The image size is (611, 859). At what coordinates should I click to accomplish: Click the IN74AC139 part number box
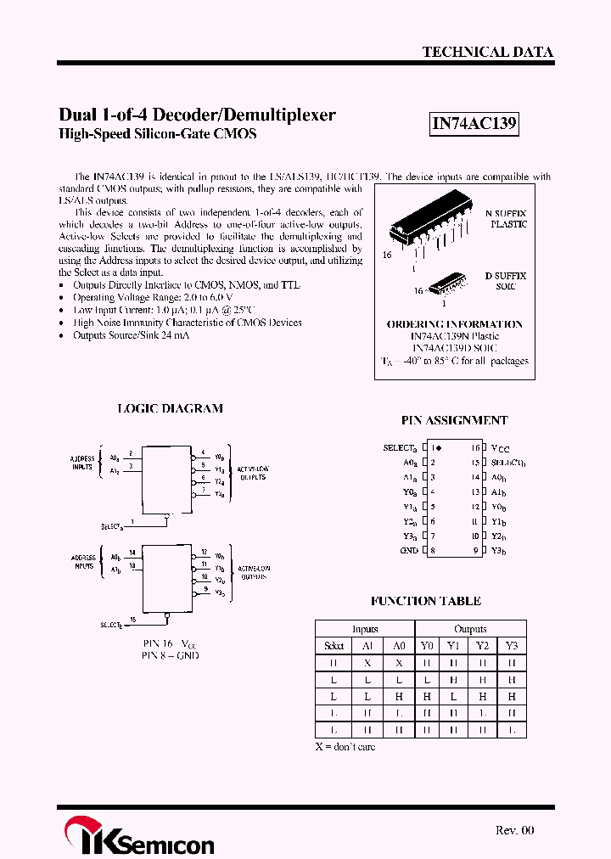coord(474,124)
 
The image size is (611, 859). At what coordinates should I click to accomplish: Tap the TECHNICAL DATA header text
coord(487,52)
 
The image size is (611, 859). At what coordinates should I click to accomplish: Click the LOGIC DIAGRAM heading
coord(170,408)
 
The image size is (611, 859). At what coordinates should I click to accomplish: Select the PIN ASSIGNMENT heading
coord(454,420)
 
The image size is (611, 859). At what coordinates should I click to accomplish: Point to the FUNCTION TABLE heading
coord(425,601)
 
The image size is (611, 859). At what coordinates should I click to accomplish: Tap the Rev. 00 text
coord(514,830)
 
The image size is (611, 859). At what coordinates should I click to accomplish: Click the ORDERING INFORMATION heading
coord(454,324)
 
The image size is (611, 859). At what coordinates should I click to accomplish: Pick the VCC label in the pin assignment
coord(501,448)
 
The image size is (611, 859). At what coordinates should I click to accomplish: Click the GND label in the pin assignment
coord(408,551)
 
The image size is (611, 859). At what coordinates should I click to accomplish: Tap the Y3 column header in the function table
coord(511,646)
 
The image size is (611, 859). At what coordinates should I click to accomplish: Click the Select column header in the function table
coord(334,646)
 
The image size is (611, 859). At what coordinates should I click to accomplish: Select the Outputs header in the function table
coord(470,629)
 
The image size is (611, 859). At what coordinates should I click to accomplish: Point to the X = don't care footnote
coord(345,747)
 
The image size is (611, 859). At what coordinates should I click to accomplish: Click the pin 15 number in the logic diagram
coord(132,619)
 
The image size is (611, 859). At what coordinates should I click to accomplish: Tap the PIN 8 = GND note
coord(171,655)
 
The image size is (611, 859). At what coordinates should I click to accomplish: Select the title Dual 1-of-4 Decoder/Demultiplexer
coord(197,115)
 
